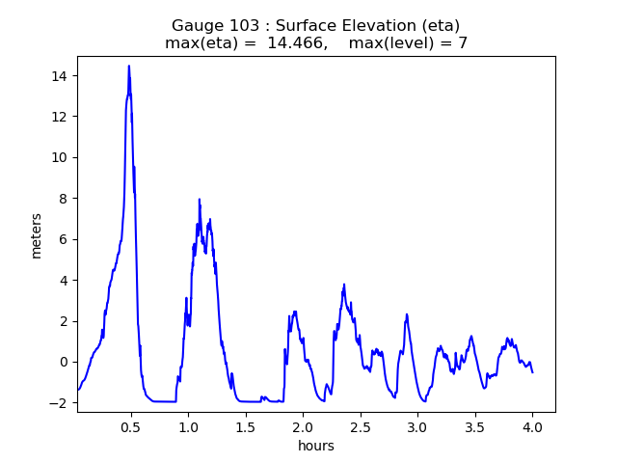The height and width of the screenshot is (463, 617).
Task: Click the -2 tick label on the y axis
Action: tap(63, 403)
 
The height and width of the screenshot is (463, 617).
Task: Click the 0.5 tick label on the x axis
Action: tap(131, 426)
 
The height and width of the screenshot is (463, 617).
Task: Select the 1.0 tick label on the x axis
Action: tap(188, 426)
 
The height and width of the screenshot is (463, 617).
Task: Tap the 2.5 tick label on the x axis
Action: tap(361, 426)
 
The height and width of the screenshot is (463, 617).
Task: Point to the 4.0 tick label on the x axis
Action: tap(532, 426)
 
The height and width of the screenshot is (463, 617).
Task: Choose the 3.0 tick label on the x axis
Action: tap(417, 426)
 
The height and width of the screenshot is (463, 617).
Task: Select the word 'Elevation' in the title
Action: tap(371, 25)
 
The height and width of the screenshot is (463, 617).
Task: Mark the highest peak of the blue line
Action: tap(129, 67)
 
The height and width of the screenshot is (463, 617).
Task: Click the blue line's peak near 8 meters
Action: tap(200, 200)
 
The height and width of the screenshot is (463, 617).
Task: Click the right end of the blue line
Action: tap(532, 372)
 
